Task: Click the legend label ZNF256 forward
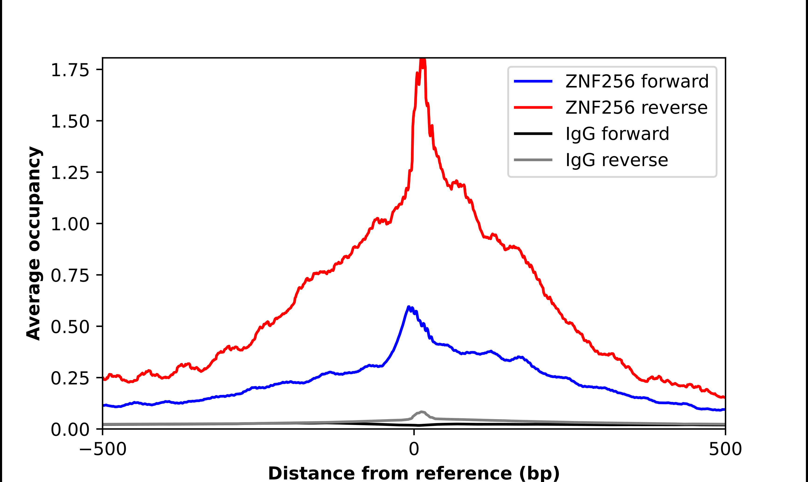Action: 637,81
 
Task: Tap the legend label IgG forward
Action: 617,134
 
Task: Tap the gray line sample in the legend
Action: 533,160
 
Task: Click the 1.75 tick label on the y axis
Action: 70,70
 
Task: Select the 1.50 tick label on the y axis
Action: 70,122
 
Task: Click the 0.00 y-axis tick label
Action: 70,429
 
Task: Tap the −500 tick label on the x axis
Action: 103,449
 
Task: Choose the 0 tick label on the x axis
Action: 414,449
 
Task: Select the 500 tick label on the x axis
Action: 725,449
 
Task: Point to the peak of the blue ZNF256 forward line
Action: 409,307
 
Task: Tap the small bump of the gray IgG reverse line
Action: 421,412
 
